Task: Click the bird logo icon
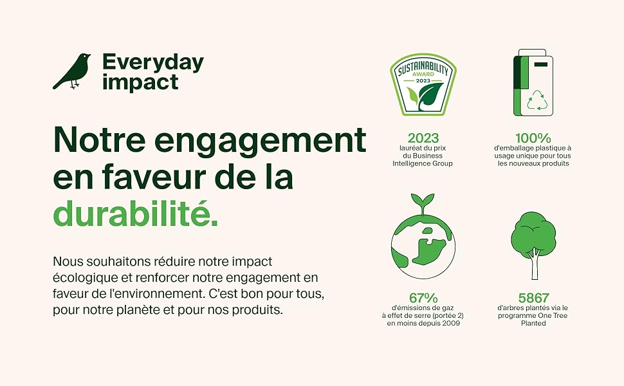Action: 71,71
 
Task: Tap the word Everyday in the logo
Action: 153,62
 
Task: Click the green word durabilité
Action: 136,214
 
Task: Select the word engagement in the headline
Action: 261,141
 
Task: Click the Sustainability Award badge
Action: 423,84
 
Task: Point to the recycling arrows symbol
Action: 537,100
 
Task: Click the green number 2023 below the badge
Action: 423,138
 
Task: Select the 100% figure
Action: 533,138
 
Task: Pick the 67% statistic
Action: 423,298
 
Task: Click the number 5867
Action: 533,298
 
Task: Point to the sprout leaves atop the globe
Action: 422,201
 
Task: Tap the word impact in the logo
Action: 140,83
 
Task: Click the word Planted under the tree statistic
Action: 533,323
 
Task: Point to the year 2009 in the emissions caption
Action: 452,323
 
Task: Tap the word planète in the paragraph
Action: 141,309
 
